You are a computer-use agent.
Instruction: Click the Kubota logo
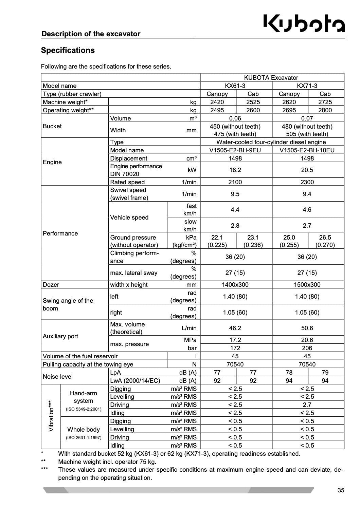(304, 24)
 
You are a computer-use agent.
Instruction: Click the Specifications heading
(68, 50)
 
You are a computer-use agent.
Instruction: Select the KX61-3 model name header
(235, 86)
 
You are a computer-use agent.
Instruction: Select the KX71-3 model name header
(307, 86)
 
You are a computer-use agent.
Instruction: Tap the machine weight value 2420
(217, 102)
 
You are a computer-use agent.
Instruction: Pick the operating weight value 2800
(325, 110)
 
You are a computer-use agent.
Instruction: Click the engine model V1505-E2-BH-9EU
(235, 150)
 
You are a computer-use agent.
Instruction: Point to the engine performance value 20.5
(307, 170)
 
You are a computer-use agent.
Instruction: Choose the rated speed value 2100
(235, 182)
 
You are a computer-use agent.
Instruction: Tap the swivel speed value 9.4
(307, 194)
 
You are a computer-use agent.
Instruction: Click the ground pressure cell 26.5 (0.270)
(325, 241)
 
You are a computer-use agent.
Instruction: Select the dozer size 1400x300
(235, 285)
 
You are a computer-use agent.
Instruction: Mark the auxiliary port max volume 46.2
(235, 328)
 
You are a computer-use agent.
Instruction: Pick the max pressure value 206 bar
(307, 348)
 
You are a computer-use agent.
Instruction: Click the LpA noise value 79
(325, 373)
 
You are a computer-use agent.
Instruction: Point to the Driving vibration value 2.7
(307, 405)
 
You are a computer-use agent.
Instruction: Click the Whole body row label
(84, 430)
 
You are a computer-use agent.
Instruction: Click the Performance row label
(60, 233)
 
